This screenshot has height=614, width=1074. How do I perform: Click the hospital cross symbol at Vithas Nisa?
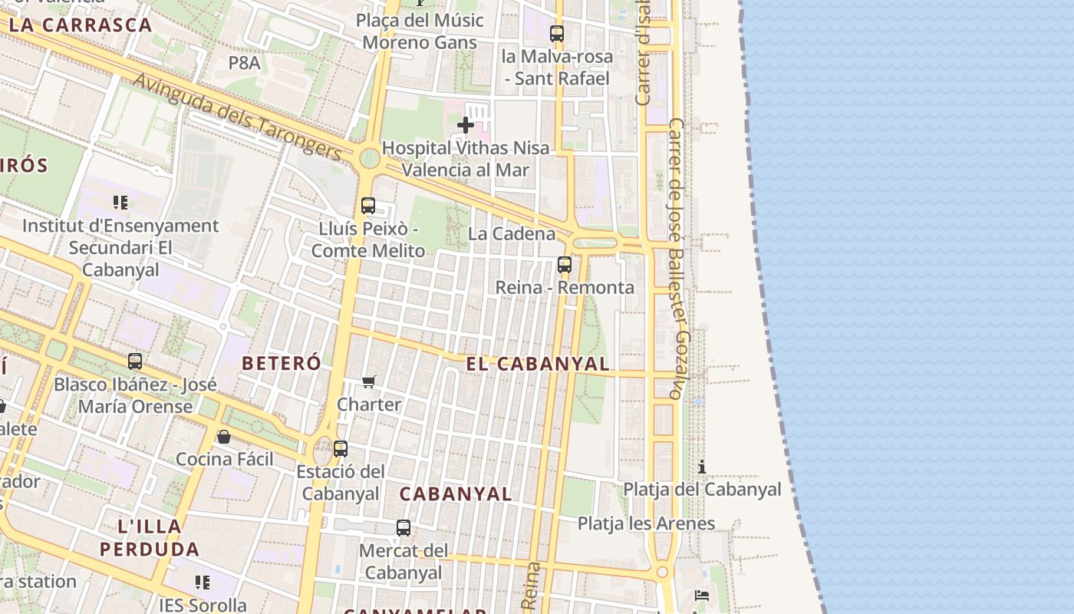tap(465, 124)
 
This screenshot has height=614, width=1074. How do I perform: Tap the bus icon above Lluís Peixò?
tap(368, 206)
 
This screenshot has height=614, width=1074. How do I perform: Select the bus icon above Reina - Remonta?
tap(565, 265)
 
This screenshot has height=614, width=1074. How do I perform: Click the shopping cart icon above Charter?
tap(369, 381)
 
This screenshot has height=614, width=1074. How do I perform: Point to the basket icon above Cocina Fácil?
tap(224, 437)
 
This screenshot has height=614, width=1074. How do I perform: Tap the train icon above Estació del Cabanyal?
tap(341, 448)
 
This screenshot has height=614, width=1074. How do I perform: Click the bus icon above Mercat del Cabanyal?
tap(404, 528)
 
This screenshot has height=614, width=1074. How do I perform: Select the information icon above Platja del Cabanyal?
tap(701, 467)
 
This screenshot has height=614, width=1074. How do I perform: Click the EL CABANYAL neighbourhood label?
tap(537, 364)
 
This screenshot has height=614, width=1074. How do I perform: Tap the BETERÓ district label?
tap(282, 363)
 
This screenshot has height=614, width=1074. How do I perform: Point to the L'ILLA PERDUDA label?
tap(150, 538)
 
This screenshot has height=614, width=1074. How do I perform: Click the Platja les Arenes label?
tap(646, 523)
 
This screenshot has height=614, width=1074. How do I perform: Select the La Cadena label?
tap(512, 233)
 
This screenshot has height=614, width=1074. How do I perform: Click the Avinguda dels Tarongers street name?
tap(238, 117)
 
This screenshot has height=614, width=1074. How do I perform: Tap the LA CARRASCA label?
tap(81, 25)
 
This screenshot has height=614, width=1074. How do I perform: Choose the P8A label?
tap(245, 63)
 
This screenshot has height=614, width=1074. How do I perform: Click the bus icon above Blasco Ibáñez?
tap(135, 361)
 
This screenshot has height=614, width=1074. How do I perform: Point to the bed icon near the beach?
tap(701, 595)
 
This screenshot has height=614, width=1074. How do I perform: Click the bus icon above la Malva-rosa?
tap(557, 34)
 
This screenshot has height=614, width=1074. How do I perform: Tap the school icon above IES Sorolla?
tap(203, 583)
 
